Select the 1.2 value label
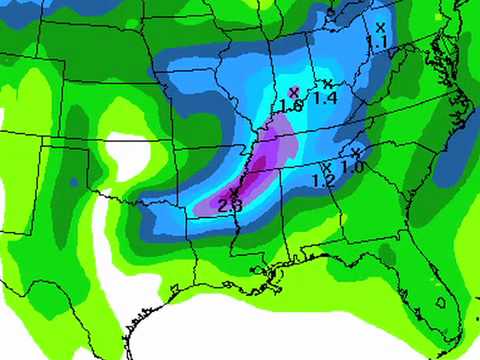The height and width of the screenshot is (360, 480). (323, 181)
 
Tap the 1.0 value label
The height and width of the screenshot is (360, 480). (351, 167)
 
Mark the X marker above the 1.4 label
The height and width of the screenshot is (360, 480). (326, 83)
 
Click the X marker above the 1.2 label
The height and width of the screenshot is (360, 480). (326, 167)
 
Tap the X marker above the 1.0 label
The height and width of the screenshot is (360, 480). (356, 152)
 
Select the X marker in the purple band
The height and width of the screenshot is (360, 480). (234, 191)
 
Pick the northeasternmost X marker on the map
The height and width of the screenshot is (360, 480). (380, 27)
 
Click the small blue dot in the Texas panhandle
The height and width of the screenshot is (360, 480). (74, 182)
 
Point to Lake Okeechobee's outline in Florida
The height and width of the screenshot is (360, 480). (440, 300)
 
